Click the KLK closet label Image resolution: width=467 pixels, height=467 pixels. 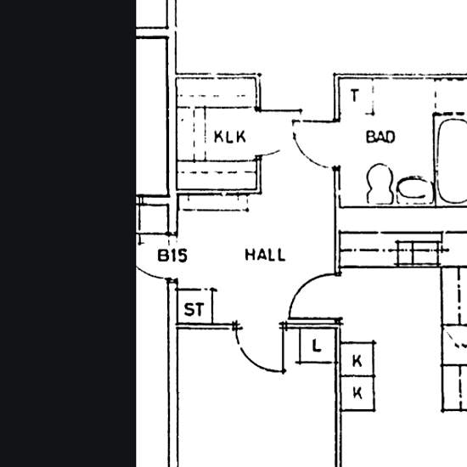[x=230, y=137]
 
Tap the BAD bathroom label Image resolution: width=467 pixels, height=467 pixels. [x=380, y=137]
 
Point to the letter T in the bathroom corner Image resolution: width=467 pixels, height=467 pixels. [x=354, y=96]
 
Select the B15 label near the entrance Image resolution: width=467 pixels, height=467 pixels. [x=172, y=256]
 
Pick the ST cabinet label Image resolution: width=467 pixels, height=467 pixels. [x=194, y=309]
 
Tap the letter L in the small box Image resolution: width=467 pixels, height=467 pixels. [x=317, y=346]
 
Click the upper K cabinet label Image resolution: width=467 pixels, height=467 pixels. [x=357, y=361]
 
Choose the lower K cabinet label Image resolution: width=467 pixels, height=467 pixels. [x=357, y=392]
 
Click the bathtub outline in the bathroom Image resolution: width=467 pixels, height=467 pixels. [x=440, y=160]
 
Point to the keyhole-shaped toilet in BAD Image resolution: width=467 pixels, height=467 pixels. [x=380, y=183]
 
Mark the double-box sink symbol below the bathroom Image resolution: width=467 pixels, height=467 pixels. [x=419, y=253]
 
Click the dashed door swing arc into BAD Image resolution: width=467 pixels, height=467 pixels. [x=306, y=155]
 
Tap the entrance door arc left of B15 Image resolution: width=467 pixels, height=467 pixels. [x=149, y=274]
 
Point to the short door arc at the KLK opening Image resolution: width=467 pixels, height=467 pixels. [x=269, y=154]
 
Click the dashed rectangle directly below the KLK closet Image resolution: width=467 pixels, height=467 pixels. [x=213, y=203]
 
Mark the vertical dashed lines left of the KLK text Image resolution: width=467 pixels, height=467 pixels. [x=200, y=134]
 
